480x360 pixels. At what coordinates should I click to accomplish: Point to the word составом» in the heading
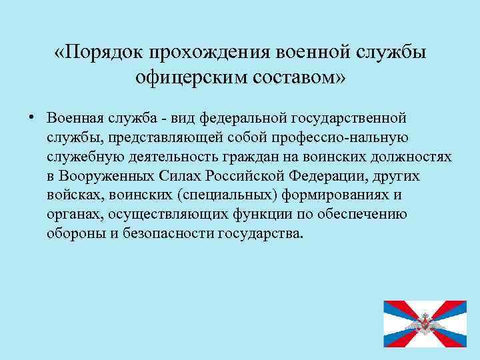299,79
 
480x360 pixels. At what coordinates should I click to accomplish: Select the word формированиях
333,196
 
